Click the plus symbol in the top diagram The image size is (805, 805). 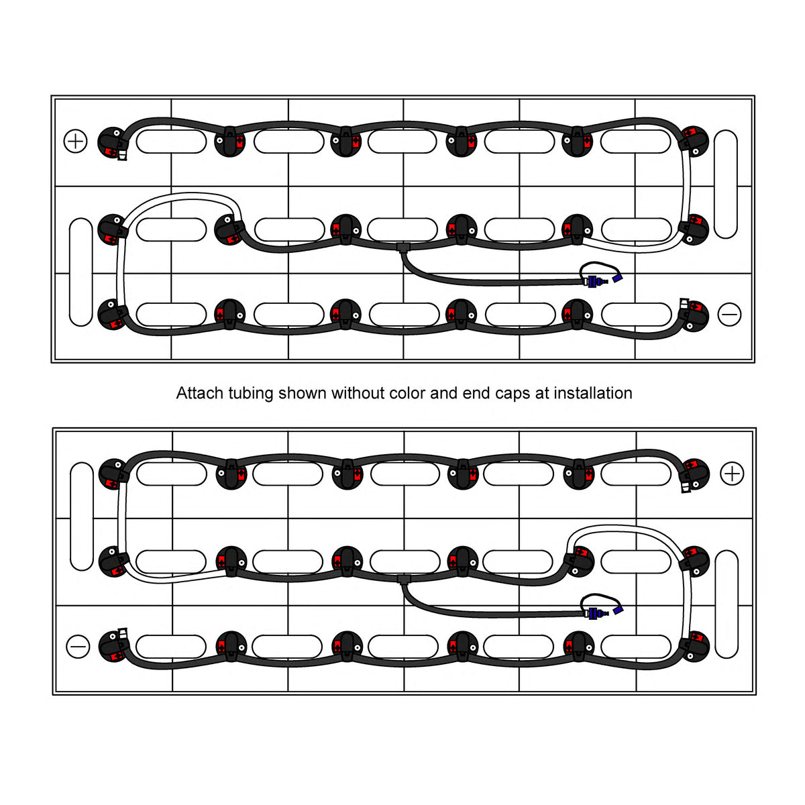(x=75, y=141)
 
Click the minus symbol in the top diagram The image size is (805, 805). (x=729, y=314)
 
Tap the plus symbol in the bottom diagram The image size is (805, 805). (x=731, y=474)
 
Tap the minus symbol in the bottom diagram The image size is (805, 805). (x=78, y=647)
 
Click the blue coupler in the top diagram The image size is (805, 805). (x=594, y=282)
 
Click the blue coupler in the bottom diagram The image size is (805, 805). (x=594, y=612)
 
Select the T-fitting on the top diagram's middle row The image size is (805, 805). (x=402, y=248)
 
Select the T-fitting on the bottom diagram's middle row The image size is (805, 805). (x=402, y=578)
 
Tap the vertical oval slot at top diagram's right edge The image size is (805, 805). (x=726, y=184)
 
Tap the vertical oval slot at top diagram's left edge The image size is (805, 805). (x=80, y=272)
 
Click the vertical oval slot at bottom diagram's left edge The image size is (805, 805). (x=81, y=516)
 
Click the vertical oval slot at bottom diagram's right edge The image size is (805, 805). (x=727, y=604)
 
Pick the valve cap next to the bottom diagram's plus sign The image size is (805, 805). (x=695, y=474)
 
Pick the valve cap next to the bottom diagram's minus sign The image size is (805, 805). (x=113, y=645)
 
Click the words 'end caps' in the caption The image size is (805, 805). (x=496, y=393)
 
